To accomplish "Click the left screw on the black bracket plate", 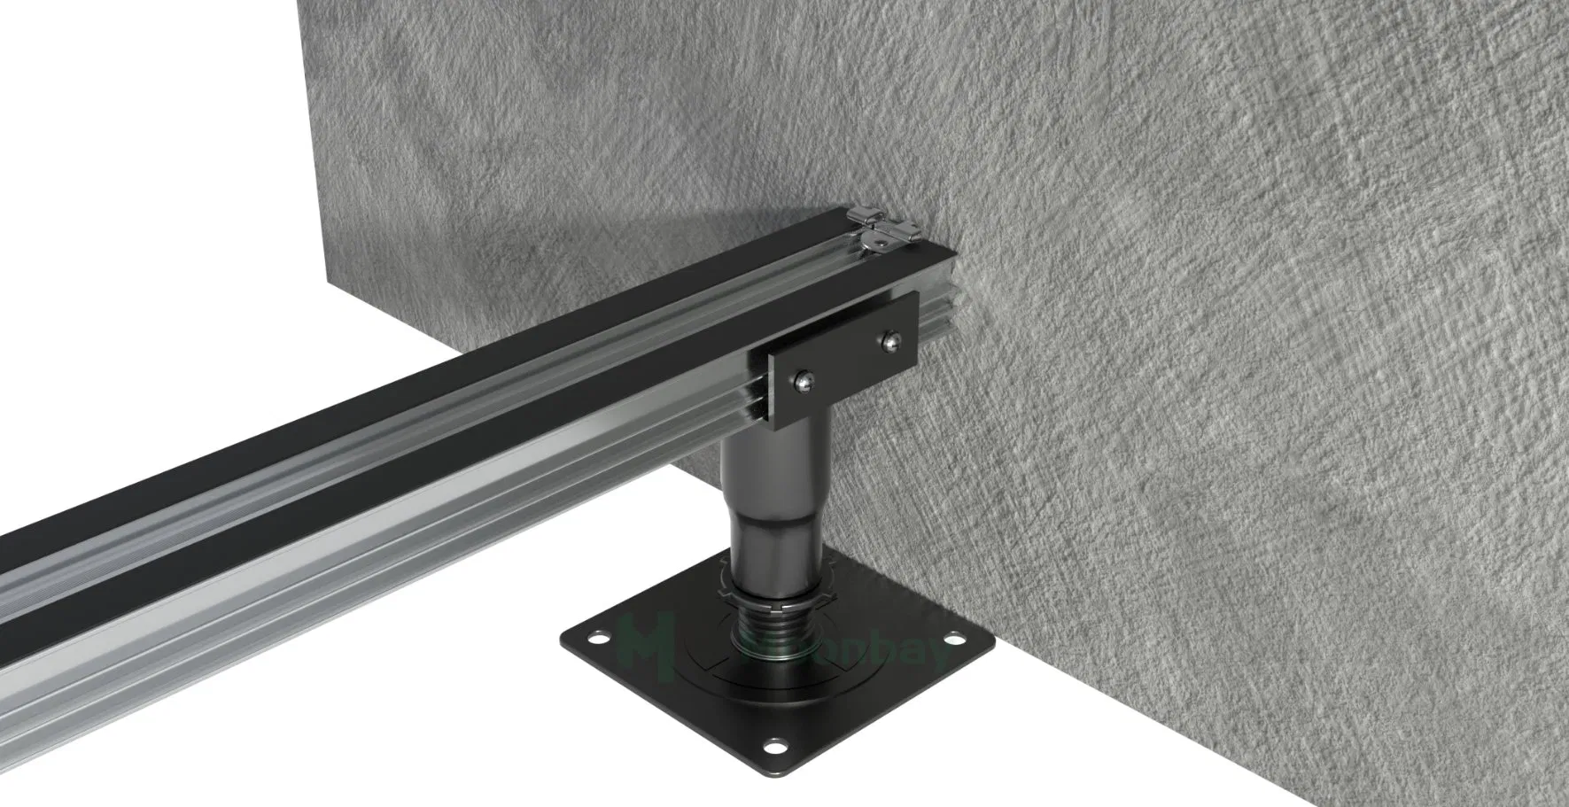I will click(800, 382).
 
